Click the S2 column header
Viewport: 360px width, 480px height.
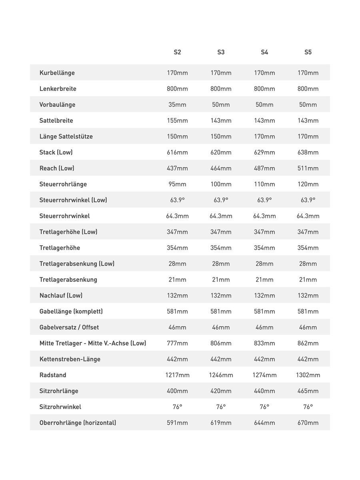(x=177, y=52)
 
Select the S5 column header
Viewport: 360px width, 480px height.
(x=308, y=52)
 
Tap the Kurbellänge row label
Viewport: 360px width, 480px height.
(x=57, y=73)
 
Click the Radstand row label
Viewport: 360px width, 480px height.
(x=53, y=375)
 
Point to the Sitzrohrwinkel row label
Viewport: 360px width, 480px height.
(x=60, y=407)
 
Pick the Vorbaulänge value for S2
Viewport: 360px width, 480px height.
(x=177, y=104)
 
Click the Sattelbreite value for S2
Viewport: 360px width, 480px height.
(x=177, y=120)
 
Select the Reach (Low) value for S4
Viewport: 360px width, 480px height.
(x=264, y=168)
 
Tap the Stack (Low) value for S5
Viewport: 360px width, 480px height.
(x=308, y=152)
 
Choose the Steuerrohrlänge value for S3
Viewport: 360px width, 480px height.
(x=221, y=184)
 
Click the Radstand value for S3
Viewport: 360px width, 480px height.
(x=221, y=375)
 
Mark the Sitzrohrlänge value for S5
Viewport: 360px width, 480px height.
(x=308, y=391)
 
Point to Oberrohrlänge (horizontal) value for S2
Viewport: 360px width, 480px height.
(x=177, y=423)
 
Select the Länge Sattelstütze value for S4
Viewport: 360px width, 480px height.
(x=264, y=136)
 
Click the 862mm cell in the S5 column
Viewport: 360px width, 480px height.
(x=308, y=343)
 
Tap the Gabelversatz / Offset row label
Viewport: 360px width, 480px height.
(x=69, y=327)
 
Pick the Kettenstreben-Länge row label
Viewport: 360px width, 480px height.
(x=70, y=359)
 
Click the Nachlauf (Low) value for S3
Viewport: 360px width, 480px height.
(x=221, y=296)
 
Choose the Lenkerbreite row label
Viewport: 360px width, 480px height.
(x=58, y=89)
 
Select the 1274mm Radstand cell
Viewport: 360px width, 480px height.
(x=264, y=375)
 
